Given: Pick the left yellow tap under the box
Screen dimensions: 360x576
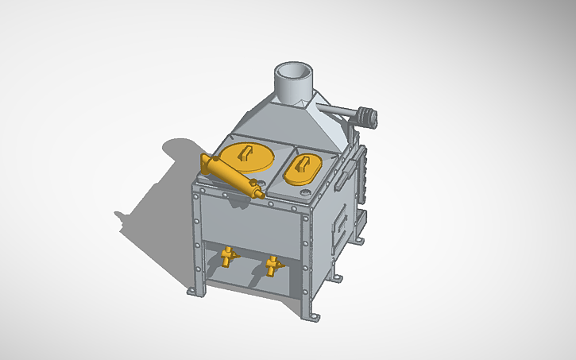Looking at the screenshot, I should tap(229, 255).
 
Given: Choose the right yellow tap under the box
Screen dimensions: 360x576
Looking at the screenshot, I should tap(273, 264).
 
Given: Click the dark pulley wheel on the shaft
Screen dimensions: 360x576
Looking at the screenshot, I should tap(366, 117).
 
